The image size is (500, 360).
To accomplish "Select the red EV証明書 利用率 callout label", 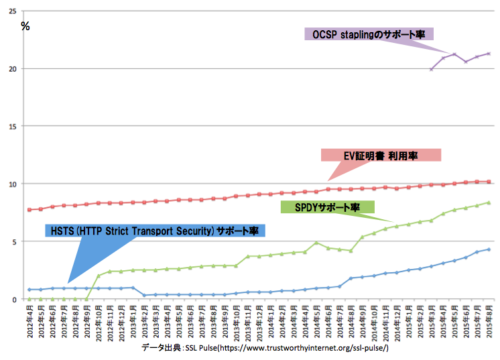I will pyautogui.click(x=381, y=155).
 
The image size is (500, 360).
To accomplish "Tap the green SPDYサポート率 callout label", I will pyautogui.click(x=326, y=206).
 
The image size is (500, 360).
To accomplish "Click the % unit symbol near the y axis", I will pyautogui.click(x=25, y=26).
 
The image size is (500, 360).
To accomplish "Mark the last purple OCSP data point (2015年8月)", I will pyautogui.click(x=489, y=54).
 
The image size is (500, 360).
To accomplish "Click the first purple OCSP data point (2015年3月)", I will pyautogui.click(x=432, y=69).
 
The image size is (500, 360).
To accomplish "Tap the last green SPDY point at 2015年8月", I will pyautogui.click(x=489, y=202).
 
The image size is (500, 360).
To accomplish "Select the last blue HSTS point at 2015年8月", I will pyautogui.click(x=489, y=249).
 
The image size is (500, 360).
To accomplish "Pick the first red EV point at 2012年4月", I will pyautogui.click(x=29, y=210).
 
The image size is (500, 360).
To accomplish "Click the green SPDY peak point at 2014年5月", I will pyautogui.click(x=316, y=243).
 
